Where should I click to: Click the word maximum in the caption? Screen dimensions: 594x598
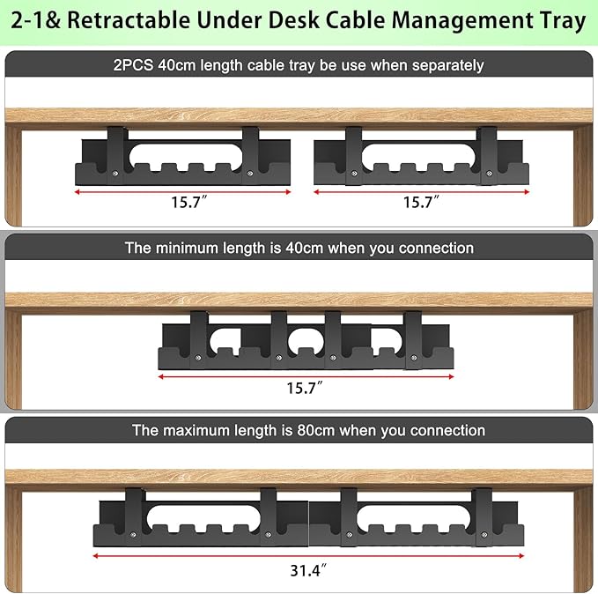pyautogui.click(x=202, y=430)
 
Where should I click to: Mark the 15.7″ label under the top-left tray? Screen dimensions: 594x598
pyautogui.click(x=189, y=202)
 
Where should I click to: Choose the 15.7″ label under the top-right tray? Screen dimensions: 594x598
pyautogui.click(x=421, y=202)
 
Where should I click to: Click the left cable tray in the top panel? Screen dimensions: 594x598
pyautogui.click(x=183, y=159)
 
